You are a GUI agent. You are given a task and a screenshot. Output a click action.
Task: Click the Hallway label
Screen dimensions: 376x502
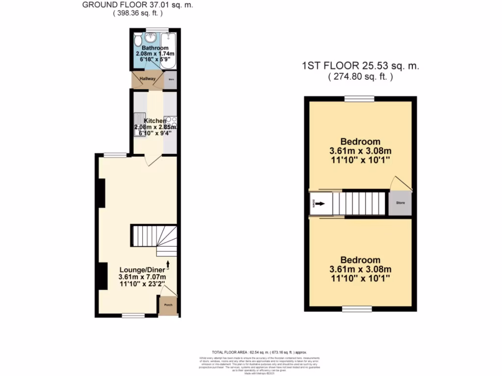tap(148, 79)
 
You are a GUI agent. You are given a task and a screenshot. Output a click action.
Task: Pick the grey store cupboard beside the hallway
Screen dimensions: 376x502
tap(170, 80)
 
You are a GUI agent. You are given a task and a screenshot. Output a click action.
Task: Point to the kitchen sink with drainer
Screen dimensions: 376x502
tap(139, 121)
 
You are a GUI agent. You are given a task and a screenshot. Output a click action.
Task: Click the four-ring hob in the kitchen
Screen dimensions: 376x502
tap(171, 120)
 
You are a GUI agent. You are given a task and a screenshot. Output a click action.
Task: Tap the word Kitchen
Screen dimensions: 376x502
tap(155, 121)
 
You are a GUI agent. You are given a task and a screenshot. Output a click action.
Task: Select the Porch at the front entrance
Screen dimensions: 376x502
tap(168, 306)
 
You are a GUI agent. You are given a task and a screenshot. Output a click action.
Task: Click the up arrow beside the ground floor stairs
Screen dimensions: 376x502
tap(168, 265)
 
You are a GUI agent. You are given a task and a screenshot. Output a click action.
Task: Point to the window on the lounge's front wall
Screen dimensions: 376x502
tap(133, 316)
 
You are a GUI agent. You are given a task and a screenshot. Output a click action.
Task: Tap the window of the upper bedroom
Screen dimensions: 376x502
tap(360, 98)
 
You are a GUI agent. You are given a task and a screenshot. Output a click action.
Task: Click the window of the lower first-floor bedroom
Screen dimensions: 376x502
tap(356, 309)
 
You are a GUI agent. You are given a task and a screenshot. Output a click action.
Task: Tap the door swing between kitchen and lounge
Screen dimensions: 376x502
tap(152, 161)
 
